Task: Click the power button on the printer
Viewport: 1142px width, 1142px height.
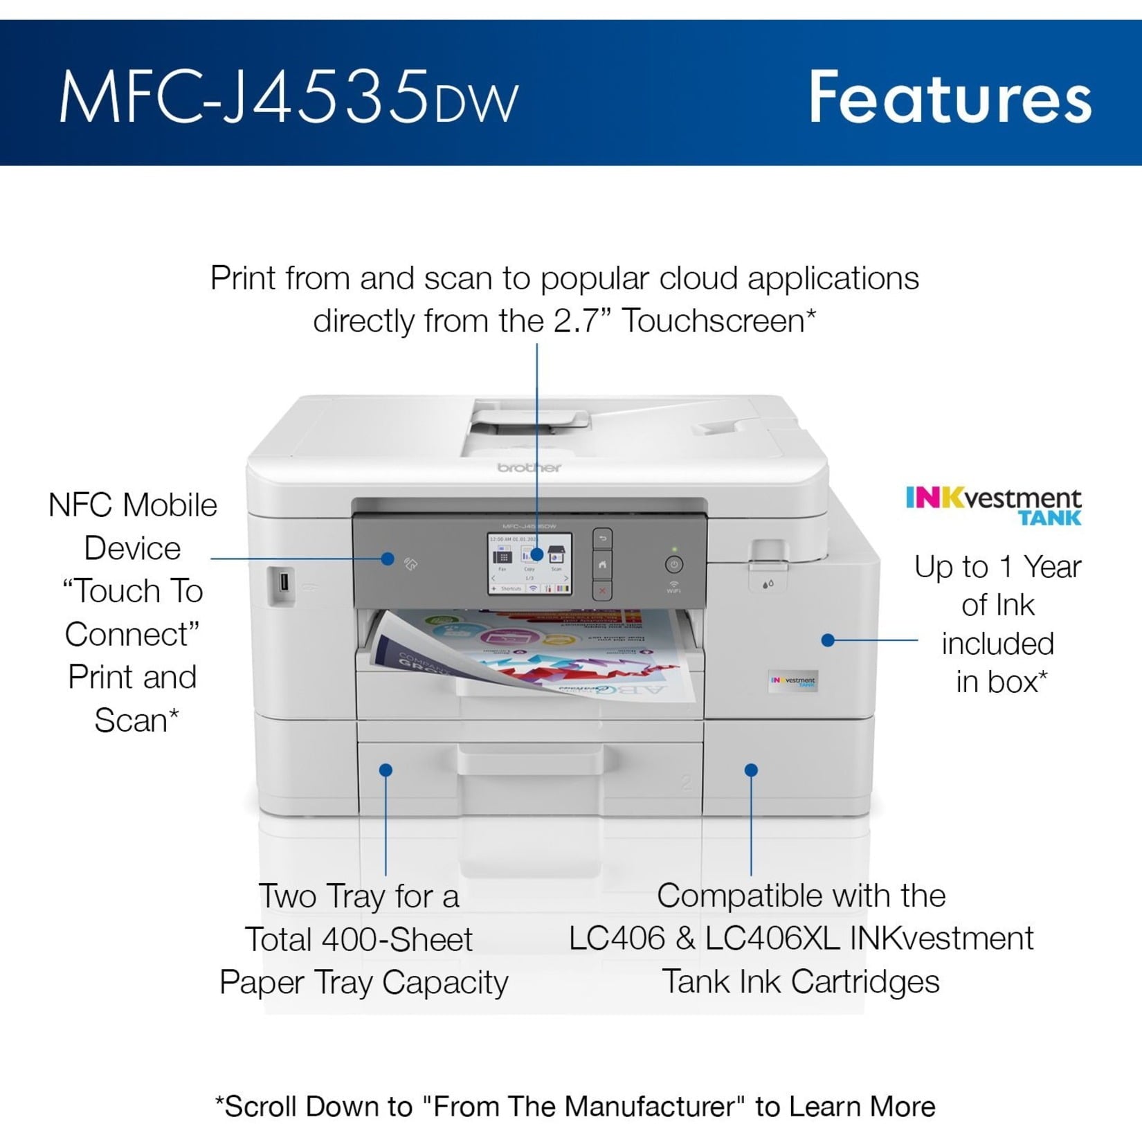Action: pyautogui.click(x=674, y=564)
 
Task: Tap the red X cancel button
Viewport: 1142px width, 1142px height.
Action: pyautogui.click(x=602, y=590)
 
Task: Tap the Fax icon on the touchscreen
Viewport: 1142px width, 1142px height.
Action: pyautogui.click(x=503, y=556)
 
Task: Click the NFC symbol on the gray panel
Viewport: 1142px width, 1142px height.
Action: pyautogui.click(x=411, y=565)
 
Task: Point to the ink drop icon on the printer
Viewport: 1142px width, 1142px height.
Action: pyautogui.click(x=768, y=584)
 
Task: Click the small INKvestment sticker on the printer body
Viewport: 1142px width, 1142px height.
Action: pyautogui.click(x=794, y=680)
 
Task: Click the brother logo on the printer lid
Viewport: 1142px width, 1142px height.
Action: pyautogui.click(x=529, y=468)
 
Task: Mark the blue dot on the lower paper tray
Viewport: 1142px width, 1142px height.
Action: pyautogui.click(x=386, y=770)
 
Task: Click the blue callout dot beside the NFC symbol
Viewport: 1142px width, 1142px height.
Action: pyautogui.click(x=388, y=559)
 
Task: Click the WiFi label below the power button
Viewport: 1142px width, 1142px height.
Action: pyautogui.click(x=673, y=591)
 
